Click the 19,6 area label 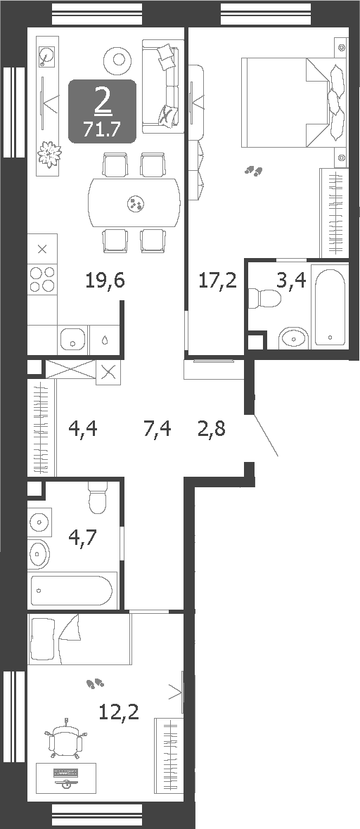click(105, 281)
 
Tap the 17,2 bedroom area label click(217, 281)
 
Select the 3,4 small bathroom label click(290, 281)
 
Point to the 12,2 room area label click(119, 712)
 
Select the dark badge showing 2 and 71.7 click(102, 111)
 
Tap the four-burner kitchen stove click(41, 278)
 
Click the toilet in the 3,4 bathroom click(266, 298)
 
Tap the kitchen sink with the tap click(72, 340)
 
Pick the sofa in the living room click(163, 86)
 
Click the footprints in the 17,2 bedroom click(253, 170)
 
